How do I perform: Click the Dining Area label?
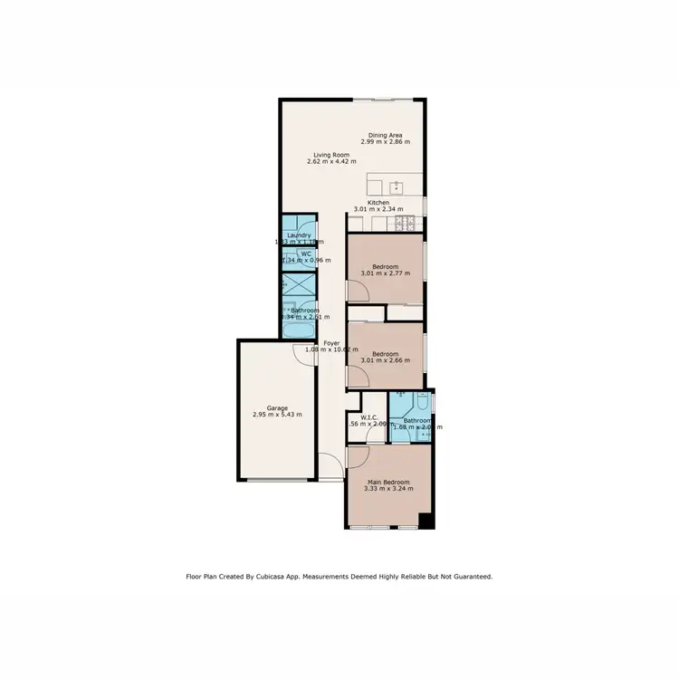click(386, 135)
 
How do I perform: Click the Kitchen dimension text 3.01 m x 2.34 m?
click(378, 209)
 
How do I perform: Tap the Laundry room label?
click(299, 235)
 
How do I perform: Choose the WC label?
click(307, 254)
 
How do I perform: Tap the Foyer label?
click(331, 343)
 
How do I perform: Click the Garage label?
click(277, 407)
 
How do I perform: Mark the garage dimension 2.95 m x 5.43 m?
click(277, 415)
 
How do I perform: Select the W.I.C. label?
click(368, 417)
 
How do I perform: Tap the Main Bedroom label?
click(388, 482)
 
